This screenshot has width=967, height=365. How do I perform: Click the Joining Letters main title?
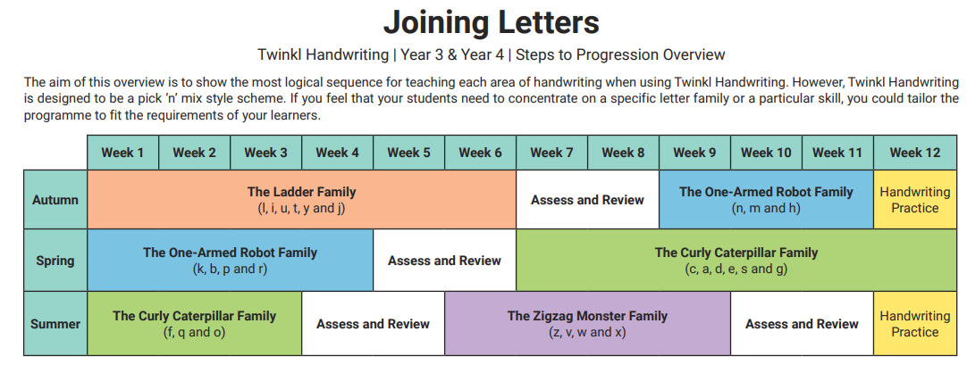coord(491,23)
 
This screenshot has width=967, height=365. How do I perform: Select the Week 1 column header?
coord(122,153)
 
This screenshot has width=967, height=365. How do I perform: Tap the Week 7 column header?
coord(551,153)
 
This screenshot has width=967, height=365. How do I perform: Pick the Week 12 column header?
coord(914,153)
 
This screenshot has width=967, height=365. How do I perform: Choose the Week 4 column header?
coord(337,153)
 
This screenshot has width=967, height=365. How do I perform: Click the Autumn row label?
coord(55,199)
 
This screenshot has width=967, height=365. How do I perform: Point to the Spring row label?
coord(55,261)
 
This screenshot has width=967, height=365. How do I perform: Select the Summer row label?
coord(55,324)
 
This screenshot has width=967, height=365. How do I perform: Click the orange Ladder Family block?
coord(301,199)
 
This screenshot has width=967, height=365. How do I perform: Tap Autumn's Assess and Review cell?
coord(587,199)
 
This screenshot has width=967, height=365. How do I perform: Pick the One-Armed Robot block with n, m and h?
coord(766,199)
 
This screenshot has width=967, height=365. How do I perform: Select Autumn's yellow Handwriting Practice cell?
coord(914,199)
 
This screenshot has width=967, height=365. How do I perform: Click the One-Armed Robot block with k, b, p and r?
coord(230,261)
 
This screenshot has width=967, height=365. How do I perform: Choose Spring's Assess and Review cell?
coord(444,261)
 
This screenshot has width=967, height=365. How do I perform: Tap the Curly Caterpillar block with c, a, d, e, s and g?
coord(736,261)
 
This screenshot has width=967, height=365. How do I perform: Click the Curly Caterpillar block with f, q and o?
coord(194,324)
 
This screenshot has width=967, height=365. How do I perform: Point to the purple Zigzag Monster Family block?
coord(587,324)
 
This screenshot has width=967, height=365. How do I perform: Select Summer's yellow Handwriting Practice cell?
coord(914,324)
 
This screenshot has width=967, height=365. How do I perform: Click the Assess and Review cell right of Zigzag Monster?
coord(802,324)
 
